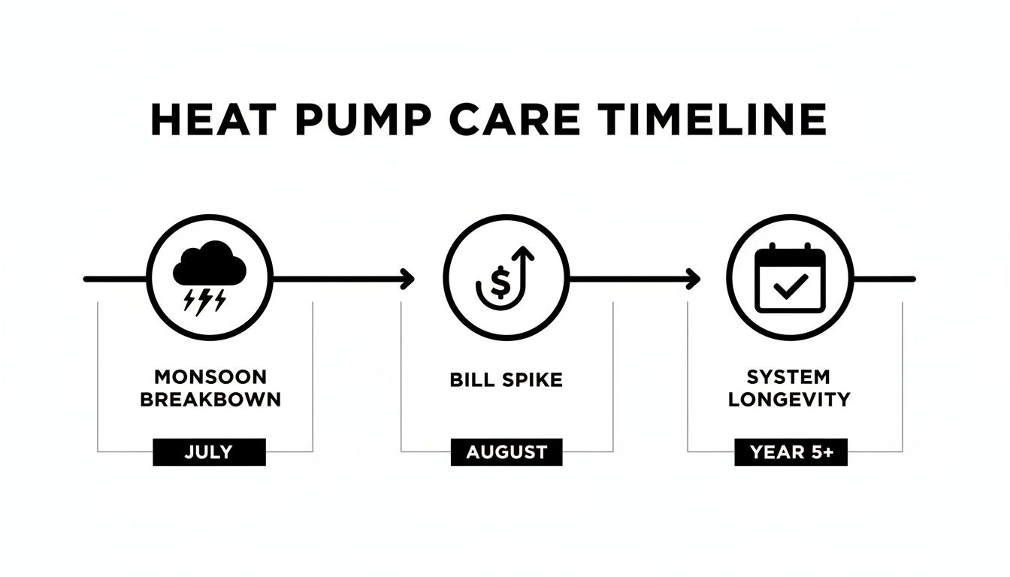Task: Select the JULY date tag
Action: pos(209,452)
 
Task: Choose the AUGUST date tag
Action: pos(507,452)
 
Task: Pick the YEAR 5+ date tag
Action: pos(791,452)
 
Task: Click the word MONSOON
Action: pos(210,377)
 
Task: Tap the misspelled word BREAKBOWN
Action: pos(210,399)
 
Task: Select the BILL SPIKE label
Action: pos(506,379)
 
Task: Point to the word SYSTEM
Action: pos(788,377)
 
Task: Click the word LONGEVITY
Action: pos(788,399)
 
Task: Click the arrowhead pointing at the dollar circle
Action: pos(408,279)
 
